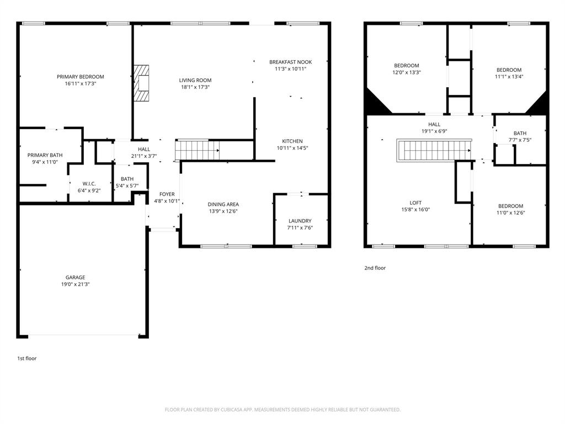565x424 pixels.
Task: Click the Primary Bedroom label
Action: [x=81, y=77]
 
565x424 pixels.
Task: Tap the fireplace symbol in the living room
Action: [x=142, y=83]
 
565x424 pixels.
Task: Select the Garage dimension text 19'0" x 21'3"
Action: [x=75, y=284]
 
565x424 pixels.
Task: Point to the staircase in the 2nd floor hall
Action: [x=434, y=149]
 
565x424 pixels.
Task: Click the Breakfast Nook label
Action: [x=290, y=62]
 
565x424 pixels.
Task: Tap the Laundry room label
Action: [x=300, y=221]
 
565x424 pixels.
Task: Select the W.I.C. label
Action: [x=90, y=184]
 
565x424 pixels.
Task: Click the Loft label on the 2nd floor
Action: [x=415, y=203]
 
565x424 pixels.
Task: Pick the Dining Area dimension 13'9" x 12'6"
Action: [x=223, y=211]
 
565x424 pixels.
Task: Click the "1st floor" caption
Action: [x=26, y=358]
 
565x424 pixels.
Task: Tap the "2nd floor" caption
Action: [x=375, y=268]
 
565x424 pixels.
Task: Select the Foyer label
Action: [x=167, y=194]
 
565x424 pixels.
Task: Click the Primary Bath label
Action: [x=45, y=155]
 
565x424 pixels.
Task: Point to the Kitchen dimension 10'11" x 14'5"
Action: [x=292, y=148]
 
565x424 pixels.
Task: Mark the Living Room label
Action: [x=195, y=80]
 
